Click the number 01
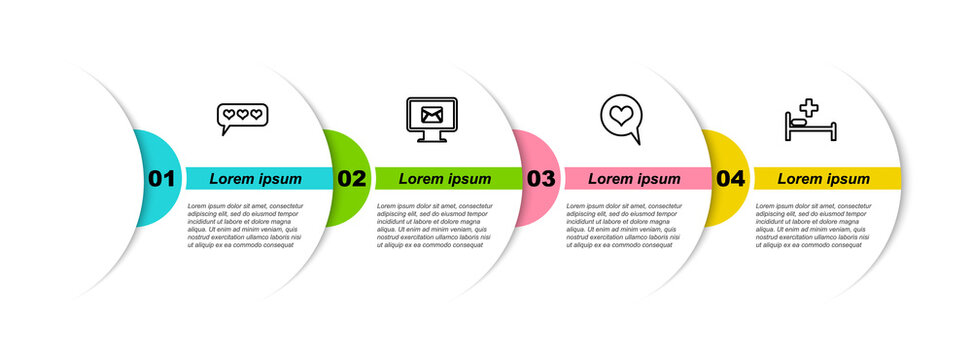point(161,179)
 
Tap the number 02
point(351,179)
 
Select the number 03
point(540,179)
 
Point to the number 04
point(730,179)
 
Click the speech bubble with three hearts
point(243,117)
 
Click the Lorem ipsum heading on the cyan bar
point(255,179)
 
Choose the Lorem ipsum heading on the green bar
point(445,179)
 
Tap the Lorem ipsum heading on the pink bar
point(634,179)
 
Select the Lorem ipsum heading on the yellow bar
point(824,179)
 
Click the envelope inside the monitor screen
point(432,114)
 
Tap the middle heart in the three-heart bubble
point(243,115)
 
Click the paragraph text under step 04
point(813,224)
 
